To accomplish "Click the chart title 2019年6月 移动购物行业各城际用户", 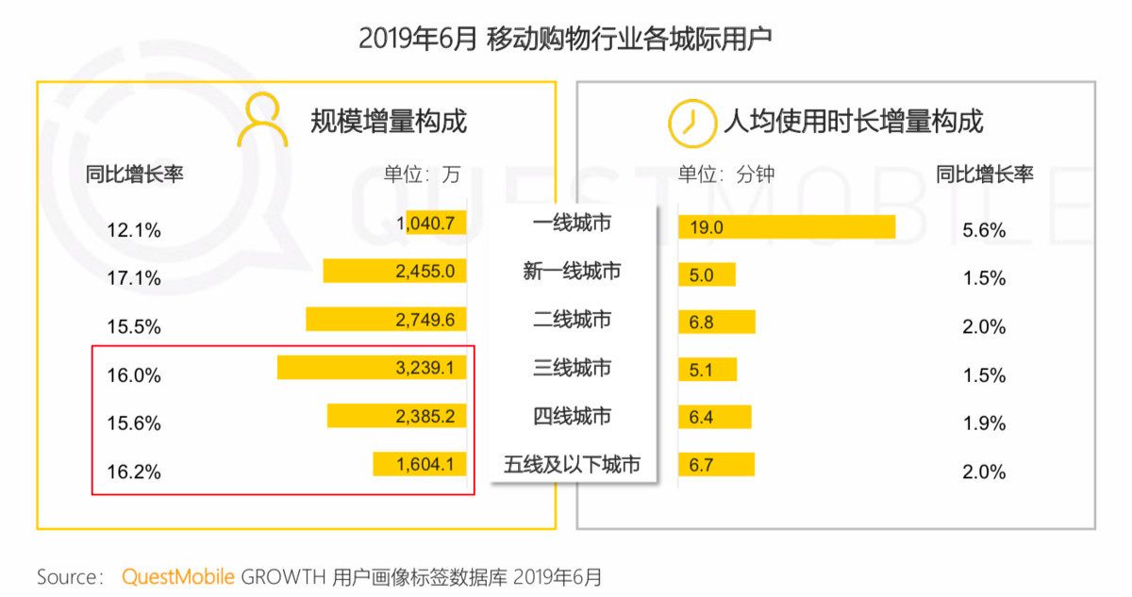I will tap(565, 39).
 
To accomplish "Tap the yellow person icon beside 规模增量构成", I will tap(262, 120).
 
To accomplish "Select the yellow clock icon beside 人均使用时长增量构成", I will tap(691, 123).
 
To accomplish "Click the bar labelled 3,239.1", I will tap(372, 367).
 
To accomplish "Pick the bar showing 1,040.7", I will tap(436, 223).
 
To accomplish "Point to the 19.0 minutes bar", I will tap(786, 227).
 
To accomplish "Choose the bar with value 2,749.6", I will tap(386, 319).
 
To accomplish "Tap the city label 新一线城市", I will tap(572, 272).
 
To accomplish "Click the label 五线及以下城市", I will tap(572, 464).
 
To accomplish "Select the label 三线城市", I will tap(572, 368).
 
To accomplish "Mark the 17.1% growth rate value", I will tap(134, 279).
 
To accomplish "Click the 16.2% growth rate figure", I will tap(134, 472).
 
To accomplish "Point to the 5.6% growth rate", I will tap(984, 230).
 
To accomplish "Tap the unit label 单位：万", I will tap(422, 174).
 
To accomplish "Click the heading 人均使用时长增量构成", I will tap(853, 122).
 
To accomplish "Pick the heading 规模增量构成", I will tap(389, 122).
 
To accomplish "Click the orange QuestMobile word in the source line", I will tap(177, 577).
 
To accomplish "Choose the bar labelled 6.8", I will tap(717, 322).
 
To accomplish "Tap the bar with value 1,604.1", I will tap(420, 463).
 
